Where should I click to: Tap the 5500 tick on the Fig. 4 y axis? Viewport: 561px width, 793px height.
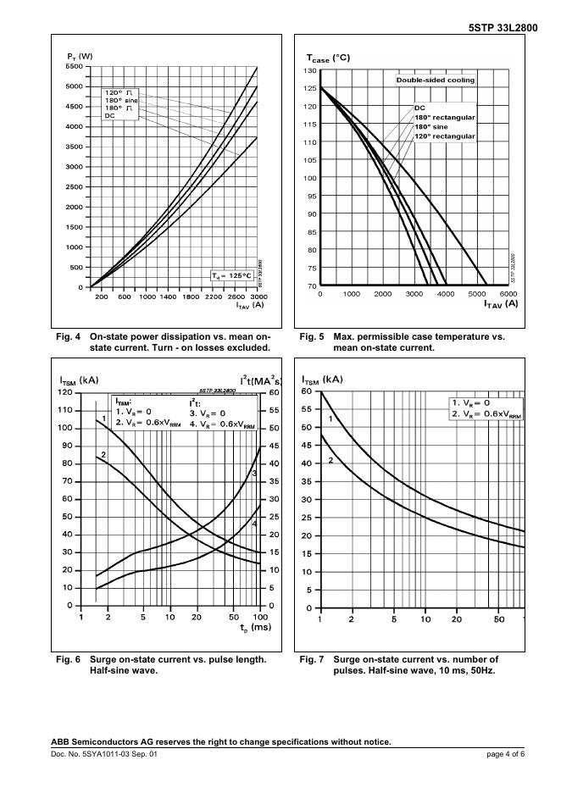pos(73,66)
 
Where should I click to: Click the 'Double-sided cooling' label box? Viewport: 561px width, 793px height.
pos(436,80)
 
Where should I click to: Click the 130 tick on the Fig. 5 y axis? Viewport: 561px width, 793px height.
pos(310,70)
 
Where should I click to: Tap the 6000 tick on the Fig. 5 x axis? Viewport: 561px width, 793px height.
pos(508,294)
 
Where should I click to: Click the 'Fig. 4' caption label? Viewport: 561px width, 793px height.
pos(65,337)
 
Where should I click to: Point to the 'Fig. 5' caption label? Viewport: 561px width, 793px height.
pos(311,337)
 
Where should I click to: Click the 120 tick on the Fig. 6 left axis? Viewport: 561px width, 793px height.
pos(65,392)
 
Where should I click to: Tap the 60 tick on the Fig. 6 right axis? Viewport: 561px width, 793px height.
pos(275,392)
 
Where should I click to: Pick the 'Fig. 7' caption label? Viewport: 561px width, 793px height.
pos(311,659)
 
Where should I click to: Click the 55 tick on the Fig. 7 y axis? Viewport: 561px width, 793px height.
pos(309,409)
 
